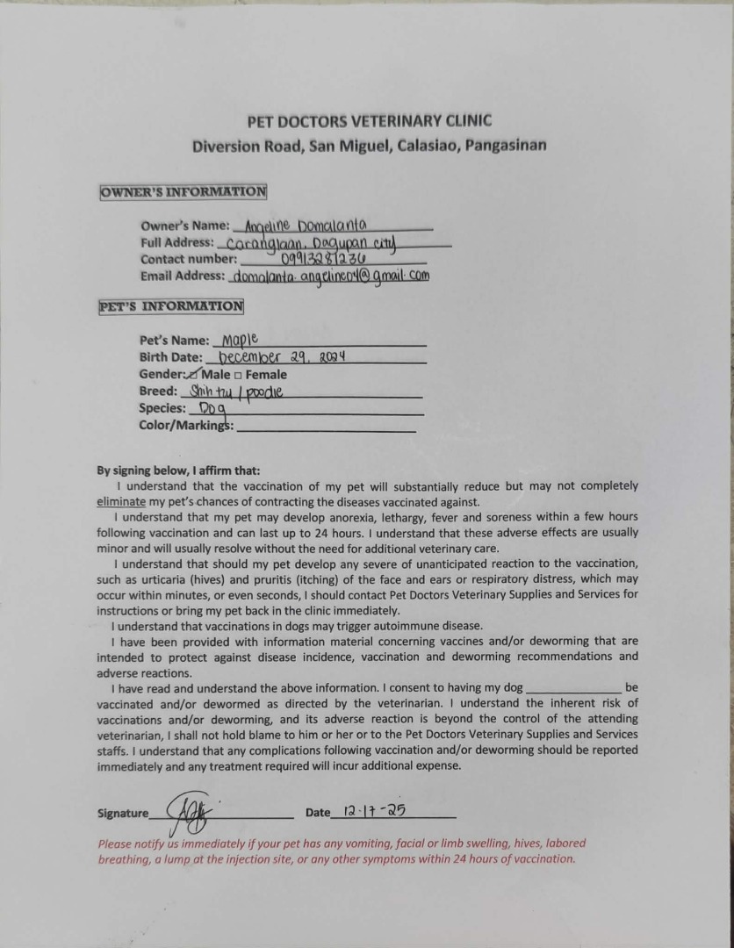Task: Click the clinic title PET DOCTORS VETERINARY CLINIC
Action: (x=369, y=120)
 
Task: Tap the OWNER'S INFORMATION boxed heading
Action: (x=183, y=191)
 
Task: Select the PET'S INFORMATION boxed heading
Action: (x=171, y=306)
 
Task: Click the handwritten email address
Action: (x=330, y=276)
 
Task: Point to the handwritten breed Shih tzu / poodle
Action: (x=236, y=391)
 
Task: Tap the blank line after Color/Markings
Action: (x=326, y=427)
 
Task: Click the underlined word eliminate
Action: (x=121, y=502)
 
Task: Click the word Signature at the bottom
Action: (x=123, y=814)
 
